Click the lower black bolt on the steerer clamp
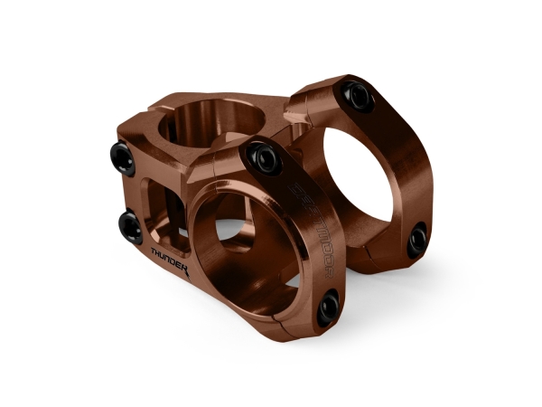coord(129,222)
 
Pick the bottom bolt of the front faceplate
coord(328,306)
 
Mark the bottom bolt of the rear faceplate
coord(416,239)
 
